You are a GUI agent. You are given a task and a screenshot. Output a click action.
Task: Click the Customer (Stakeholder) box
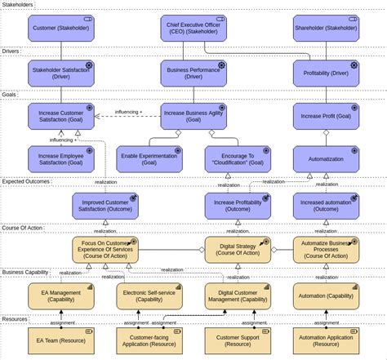[x=61, y=29]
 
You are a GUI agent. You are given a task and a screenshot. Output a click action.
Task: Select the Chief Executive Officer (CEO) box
[x=193, y=29]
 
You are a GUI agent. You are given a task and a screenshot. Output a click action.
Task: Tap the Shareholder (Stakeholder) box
[x=326, y=29]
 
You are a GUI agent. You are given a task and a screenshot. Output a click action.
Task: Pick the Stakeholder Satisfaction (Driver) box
[x=61, y=73]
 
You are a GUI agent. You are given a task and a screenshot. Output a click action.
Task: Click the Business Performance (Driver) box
[x=193, y=73]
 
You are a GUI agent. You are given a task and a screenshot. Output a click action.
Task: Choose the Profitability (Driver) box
[x=326, y=73]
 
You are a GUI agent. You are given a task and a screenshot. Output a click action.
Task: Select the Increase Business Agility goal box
[x=193, y=116]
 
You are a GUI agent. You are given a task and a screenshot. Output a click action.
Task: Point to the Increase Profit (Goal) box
[x=326, y=116]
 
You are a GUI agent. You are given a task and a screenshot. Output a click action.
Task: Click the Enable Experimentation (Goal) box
[x=149, y=159]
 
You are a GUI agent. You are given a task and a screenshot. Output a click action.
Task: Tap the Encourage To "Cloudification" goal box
[x=238, y=159]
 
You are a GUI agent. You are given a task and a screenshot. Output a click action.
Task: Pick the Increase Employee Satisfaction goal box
[x=61, y=159]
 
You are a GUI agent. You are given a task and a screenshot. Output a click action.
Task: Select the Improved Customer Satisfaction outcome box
[x=105, y=206]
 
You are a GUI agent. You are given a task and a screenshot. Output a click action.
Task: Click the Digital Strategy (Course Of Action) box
[x=238, y=250]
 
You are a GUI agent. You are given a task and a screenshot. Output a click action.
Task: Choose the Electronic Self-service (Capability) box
[x=149, y=296]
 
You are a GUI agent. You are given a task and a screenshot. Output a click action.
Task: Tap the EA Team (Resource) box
[x=61, y=340]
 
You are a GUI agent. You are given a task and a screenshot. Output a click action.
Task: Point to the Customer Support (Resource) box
[x=238, y=340]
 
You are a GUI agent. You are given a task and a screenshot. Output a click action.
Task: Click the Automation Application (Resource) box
[x=326, y=340]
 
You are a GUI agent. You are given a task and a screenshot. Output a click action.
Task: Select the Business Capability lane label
[x=26, y=272]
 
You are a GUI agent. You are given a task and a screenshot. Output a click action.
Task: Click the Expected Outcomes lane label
[x=26, y=182]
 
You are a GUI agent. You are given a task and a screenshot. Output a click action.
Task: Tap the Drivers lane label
[x=11, y=51]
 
